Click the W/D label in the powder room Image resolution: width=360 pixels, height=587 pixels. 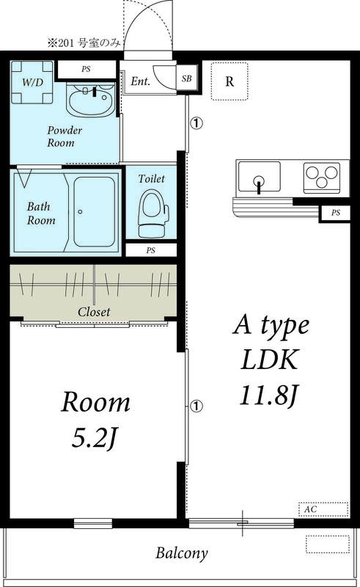32,81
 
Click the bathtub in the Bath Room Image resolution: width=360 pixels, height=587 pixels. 94,211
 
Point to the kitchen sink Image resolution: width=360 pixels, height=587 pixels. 258,178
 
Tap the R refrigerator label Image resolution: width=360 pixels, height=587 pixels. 229,81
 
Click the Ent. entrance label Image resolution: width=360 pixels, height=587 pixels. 141,81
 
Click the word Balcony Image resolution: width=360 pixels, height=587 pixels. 181,553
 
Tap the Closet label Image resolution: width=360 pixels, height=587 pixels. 94,312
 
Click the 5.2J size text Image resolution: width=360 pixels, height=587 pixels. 95,439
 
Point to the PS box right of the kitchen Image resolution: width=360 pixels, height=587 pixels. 336,213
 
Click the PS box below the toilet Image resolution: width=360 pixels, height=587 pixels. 150,250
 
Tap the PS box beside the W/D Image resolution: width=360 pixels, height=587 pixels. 87,70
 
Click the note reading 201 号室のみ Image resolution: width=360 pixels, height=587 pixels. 82,43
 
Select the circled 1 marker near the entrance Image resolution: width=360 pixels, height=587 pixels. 196,123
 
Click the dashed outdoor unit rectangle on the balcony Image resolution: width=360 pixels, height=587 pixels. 328,544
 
